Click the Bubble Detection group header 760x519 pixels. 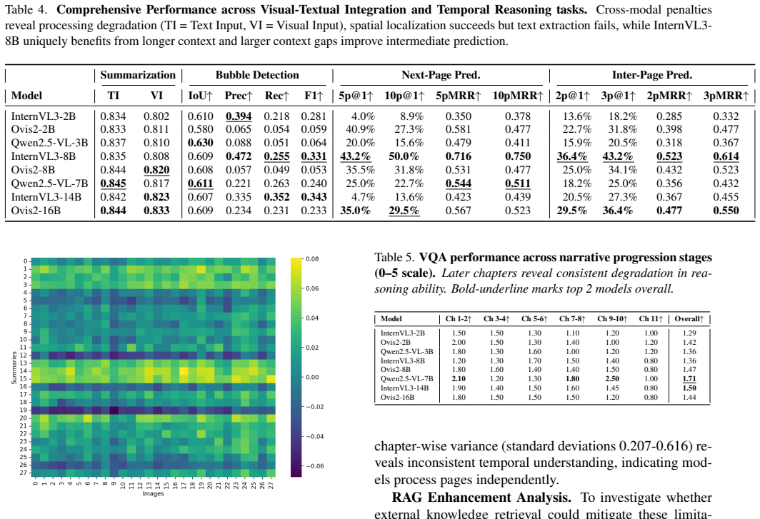tap(257, 75)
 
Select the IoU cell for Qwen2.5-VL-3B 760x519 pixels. tap(200, 143)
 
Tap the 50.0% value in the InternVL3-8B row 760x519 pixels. tap(404, 156)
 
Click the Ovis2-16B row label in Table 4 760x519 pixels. tap(36, 211)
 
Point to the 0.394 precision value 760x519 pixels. tap(239, 116)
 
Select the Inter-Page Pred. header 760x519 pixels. tap(652, 75)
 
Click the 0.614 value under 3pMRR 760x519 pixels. tap(726, 156)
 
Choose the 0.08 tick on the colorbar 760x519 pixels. tap(312, 258)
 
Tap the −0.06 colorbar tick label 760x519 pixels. tap(314, 466)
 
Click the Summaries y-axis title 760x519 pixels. tap(14, 368)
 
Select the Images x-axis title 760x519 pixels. tap(153, 493)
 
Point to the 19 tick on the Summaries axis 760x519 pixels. tap(24, 410)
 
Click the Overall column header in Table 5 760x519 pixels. tap(689, 319)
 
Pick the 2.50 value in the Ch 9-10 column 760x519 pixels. tap(612, 379)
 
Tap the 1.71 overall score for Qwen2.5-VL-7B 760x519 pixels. tap(689, 379)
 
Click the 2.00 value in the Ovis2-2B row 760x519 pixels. tap(459, 342)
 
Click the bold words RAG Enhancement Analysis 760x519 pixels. tap(481, 498)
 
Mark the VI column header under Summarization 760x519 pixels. tap(156, 96)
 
